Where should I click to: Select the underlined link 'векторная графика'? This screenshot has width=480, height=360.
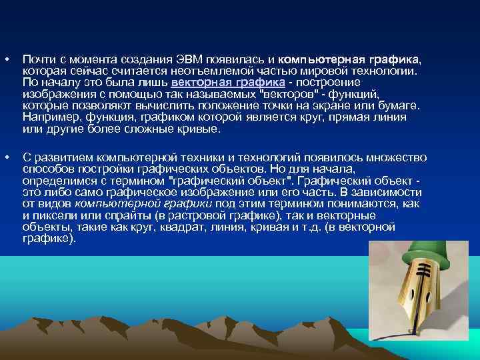228,83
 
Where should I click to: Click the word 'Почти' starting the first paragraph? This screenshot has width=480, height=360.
37,59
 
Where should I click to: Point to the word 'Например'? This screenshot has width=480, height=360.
47,117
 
